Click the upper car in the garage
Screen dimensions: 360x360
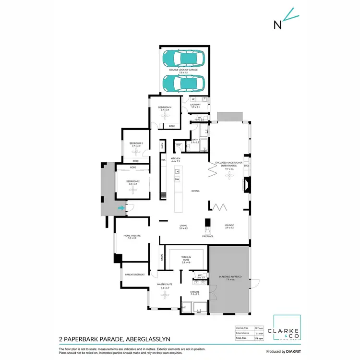(x=184, y=59)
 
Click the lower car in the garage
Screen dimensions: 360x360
(x=184, y=83)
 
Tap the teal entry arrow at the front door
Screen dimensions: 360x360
(x=121, y=208)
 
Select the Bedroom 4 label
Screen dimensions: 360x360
(x=165, y=108)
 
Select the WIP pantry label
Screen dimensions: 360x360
(x=178, y=144)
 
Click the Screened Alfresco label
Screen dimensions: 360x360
(x=229, y=277)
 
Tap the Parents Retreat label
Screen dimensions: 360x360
(x=135, y=275)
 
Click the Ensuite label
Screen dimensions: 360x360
(x=195, y=292)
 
